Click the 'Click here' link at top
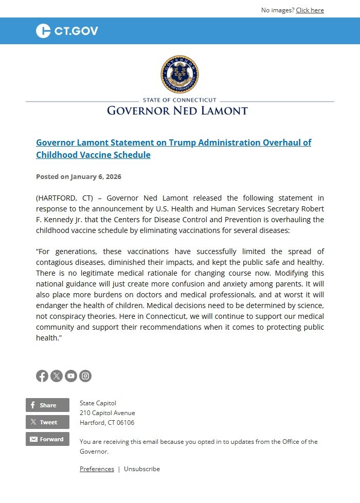pos(310,10)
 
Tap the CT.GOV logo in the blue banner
pos(67,31)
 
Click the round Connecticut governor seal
pos(179,75)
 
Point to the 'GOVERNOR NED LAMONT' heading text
pos(177,111)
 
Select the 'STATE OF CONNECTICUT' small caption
pos(179,100)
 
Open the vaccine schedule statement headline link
pos(173,149)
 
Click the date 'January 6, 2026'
pos(96,176)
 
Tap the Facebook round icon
pos(42,376)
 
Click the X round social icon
pos(57,376)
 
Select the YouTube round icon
pos(71,376)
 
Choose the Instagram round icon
pos(85,376)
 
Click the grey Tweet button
pos(47,422)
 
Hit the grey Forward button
pos(47,439)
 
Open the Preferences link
pos(97,469)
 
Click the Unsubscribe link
pos(142,469)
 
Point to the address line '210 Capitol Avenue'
pos(107,413)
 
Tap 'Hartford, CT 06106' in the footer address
pos(107,423)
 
